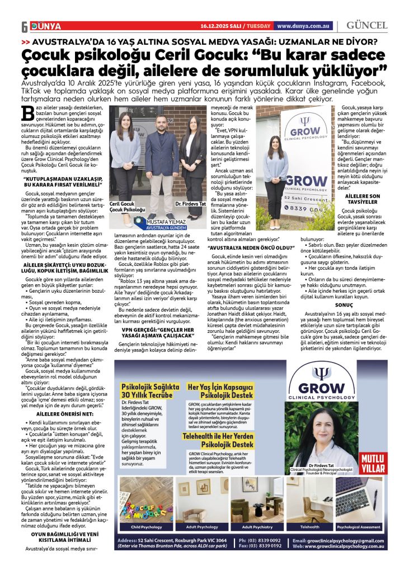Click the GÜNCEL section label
(x=366, y=26)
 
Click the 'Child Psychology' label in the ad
(x=146, y=527)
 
